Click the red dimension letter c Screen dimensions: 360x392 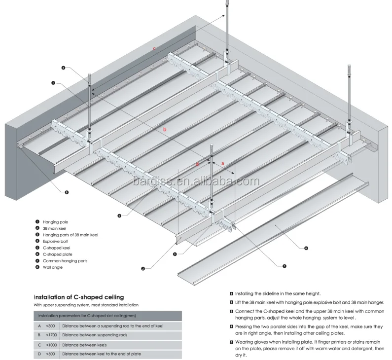(154, 48)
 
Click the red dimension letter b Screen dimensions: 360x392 (165, 130)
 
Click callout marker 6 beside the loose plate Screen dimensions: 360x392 (306, 248)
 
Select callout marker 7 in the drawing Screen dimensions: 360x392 (284, 266)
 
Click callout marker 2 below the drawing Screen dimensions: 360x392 (143, 269)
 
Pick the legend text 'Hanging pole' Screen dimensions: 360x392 (56, 222)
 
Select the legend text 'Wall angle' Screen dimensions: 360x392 (53, 267)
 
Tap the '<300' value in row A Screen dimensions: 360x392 (50, 326)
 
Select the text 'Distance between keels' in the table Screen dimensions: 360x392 (85, 345)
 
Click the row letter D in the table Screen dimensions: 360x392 (39, 354)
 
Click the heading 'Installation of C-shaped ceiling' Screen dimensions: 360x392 (78, 297)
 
